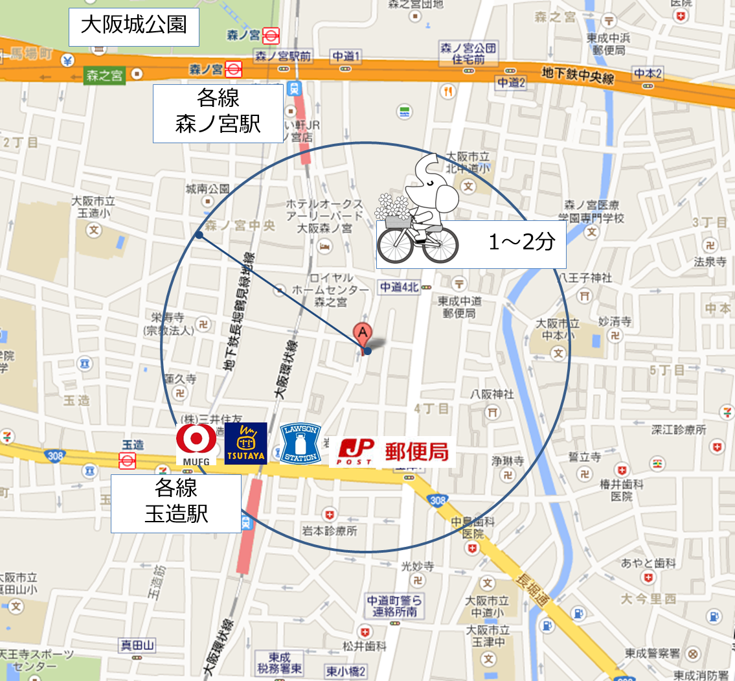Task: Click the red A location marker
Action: [363, 334]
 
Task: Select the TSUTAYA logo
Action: [245, 444]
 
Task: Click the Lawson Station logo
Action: [300, 444]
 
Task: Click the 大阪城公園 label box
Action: [133, 25]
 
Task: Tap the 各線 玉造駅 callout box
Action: [176, 503]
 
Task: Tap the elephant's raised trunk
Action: [427, 167]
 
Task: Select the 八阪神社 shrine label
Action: [492, 394]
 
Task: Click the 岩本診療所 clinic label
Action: [330, 531]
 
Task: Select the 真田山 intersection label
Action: [138, 645]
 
